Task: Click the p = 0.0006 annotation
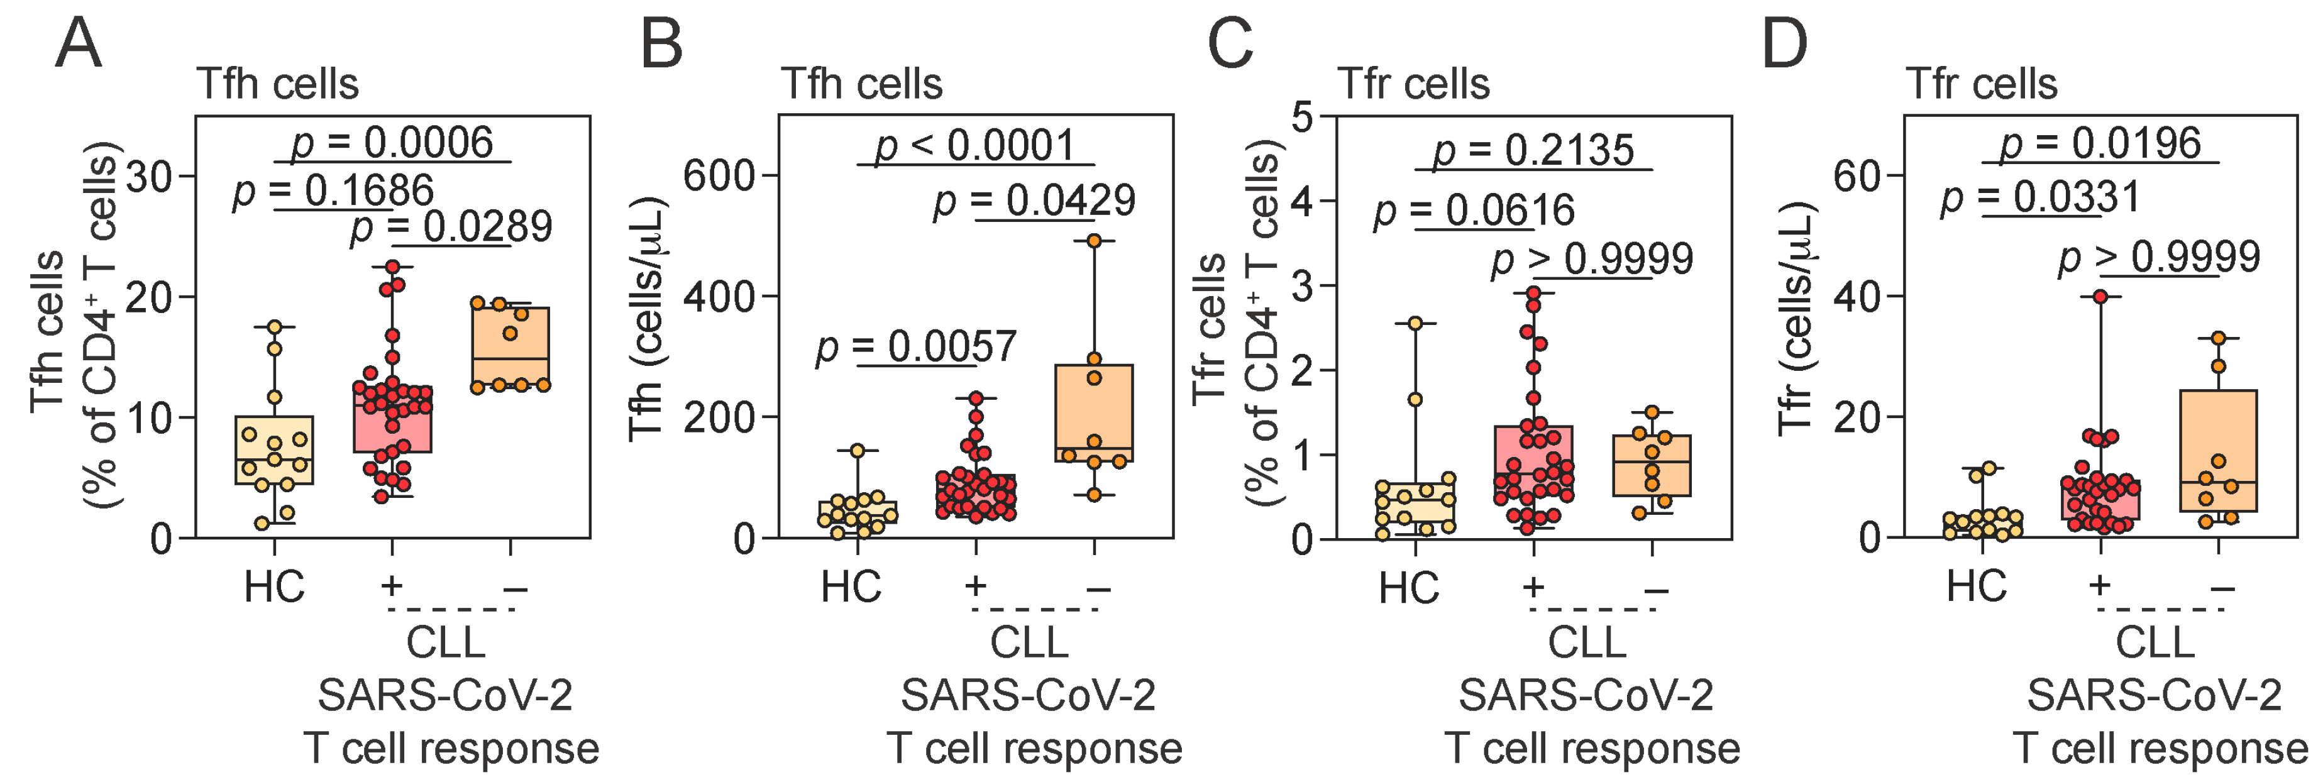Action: tap(392, 143)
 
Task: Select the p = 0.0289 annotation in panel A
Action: tap(451, 226)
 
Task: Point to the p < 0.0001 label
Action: tap(975, 145)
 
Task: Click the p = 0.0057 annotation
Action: tap(915, 346)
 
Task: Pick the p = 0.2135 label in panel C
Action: tap(1533, 150)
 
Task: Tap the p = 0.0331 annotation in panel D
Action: tap(2040, 197)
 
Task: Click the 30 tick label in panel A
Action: tap(150, 177)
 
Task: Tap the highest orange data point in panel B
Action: tap(1094, 241)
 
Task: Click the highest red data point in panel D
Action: tap(2100, 297)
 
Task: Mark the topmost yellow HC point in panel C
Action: tap(1415, 323)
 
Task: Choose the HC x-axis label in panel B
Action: tap(851, 587)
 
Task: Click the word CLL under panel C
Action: tap(1587, 642)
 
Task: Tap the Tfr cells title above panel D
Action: tap(1981, 84)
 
